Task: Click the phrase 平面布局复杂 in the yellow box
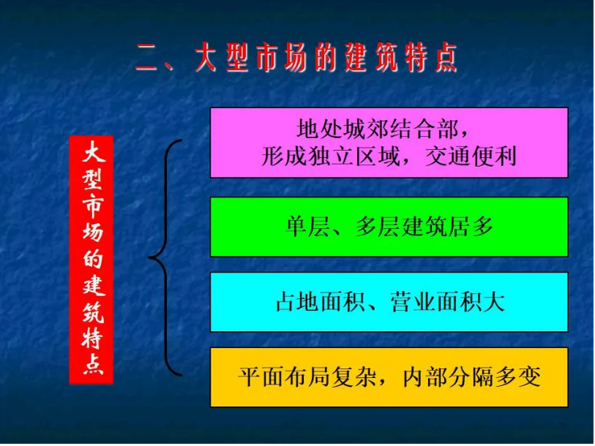[x=308, y=377]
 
